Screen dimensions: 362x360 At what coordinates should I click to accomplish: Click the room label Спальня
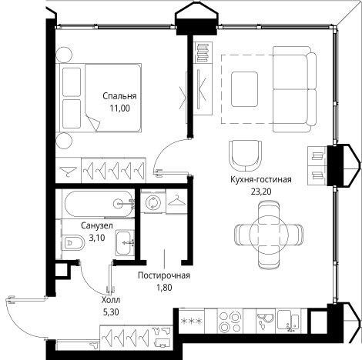119,97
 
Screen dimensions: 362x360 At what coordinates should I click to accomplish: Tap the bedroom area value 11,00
120,108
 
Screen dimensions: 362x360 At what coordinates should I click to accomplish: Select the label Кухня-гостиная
261,179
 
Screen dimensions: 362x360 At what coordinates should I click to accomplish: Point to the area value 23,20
261,192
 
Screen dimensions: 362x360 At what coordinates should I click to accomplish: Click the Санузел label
97,225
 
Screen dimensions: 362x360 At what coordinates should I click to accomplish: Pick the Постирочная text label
164,275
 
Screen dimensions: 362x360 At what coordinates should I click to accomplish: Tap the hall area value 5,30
111,312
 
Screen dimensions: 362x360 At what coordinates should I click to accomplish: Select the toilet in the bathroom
73,243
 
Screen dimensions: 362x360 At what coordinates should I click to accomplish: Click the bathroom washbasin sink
125,242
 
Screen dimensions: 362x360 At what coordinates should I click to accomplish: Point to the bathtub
99,204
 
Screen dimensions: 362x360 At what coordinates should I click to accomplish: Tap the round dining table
269,233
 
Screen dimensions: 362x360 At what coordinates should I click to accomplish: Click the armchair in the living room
246,155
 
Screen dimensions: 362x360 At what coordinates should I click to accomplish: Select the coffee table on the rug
244,89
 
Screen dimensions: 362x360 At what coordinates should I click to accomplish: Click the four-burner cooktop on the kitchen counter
230,321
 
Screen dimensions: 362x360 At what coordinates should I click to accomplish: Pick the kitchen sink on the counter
289,321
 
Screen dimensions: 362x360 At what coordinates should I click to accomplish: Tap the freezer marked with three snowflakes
192,321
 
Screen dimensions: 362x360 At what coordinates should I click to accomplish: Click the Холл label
111,300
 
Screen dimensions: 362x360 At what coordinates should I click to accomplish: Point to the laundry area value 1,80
164,288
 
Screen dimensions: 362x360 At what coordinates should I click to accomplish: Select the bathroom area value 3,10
97,238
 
